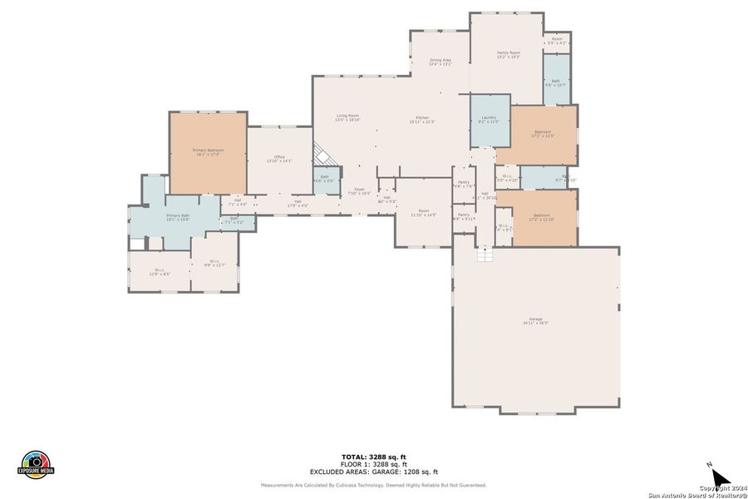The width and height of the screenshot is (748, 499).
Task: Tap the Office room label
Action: click(x=279, y=158)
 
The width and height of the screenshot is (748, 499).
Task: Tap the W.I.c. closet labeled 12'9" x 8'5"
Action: click(x=160, y=271)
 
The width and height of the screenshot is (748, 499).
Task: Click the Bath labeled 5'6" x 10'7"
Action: click(x=555, y=82)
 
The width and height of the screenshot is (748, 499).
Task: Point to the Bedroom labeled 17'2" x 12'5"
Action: click(x=543, y=134)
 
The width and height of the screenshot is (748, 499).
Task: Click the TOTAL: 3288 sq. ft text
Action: click(x=373, y=457)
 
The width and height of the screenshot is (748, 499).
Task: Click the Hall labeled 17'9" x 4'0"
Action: click(x=298, y=203)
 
